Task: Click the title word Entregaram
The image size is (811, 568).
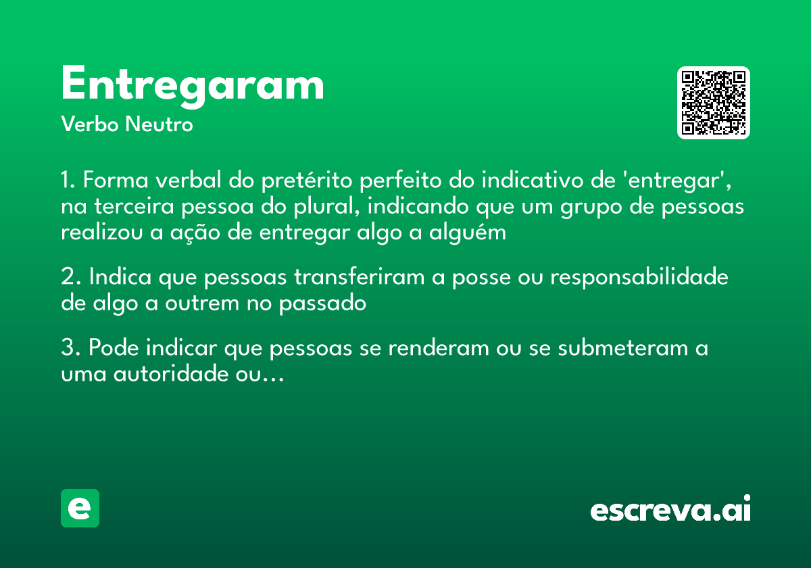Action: [193, 85]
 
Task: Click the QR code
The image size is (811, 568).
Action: [714, 103]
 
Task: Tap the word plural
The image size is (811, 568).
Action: [328, 206]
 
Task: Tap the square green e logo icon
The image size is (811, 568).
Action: [80, 508]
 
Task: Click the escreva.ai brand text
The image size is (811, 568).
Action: [670, 509]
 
